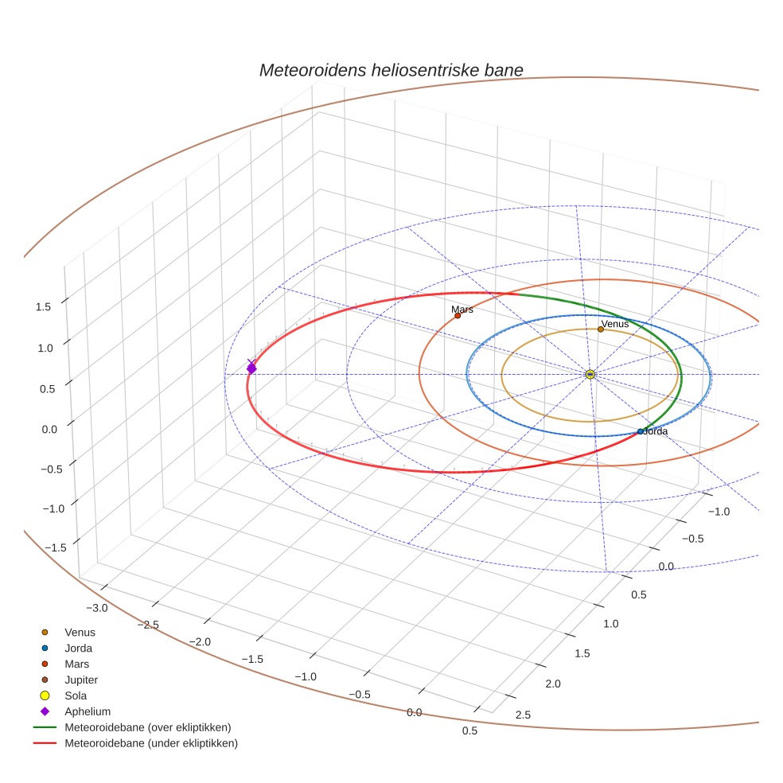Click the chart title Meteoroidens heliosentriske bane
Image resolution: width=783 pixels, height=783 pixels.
point(391,70)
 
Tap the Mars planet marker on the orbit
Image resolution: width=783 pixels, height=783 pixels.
point(458,316)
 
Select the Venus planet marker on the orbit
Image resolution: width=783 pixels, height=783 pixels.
point(601,329)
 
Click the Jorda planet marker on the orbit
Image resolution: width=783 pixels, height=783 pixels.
point(640,431)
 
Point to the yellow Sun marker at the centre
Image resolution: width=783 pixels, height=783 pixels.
point(590,374)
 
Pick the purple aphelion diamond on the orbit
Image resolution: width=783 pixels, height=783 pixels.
point(251,368)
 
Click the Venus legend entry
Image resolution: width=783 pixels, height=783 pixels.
point(80,633)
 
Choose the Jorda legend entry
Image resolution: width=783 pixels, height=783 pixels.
point(77,649)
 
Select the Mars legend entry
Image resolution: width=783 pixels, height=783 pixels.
point(76,664)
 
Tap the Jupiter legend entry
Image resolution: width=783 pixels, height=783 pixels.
point(81,680)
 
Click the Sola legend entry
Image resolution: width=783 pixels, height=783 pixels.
point(76,695)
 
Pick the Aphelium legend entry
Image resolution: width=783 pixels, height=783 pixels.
point(87,711)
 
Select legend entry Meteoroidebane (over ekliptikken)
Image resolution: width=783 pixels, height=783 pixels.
point(147,727)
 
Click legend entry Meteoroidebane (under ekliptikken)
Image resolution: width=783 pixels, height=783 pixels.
point(150,743)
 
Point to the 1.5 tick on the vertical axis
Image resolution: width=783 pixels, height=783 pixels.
point(44,306)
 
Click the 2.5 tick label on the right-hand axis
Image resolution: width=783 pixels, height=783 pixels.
point(523,715)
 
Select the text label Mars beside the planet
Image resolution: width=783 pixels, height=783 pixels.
point(462,310)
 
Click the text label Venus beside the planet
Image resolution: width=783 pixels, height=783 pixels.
point(615,324)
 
